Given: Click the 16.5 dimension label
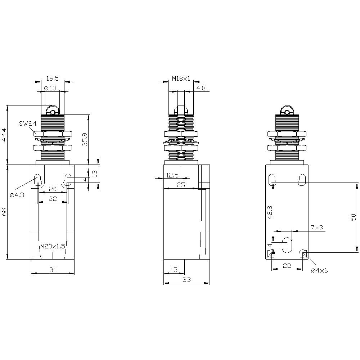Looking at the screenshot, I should coord(53,78).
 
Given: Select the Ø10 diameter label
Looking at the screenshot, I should coord(50,88).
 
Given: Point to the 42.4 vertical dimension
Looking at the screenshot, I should coord(4,135).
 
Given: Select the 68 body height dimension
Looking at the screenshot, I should coord(4,212).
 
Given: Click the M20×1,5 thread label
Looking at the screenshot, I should coord(53,246).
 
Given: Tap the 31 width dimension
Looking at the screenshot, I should coord(53,269).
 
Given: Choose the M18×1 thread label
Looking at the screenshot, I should coord(181,78).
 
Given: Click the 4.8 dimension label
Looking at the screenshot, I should coord(201,88).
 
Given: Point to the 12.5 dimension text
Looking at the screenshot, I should coord(172,175).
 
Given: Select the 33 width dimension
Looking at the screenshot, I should coord(186,279).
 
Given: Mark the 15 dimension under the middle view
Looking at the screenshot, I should coord(174,269).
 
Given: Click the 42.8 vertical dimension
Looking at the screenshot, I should coord(270,212).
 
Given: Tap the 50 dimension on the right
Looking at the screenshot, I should coord(354,217).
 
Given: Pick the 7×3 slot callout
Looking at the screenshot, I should coord(317,228).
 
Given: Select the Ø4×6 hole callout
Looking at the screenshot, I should coord(320,270).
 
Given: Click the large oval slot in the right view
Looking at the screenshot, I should coord(287,245).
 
